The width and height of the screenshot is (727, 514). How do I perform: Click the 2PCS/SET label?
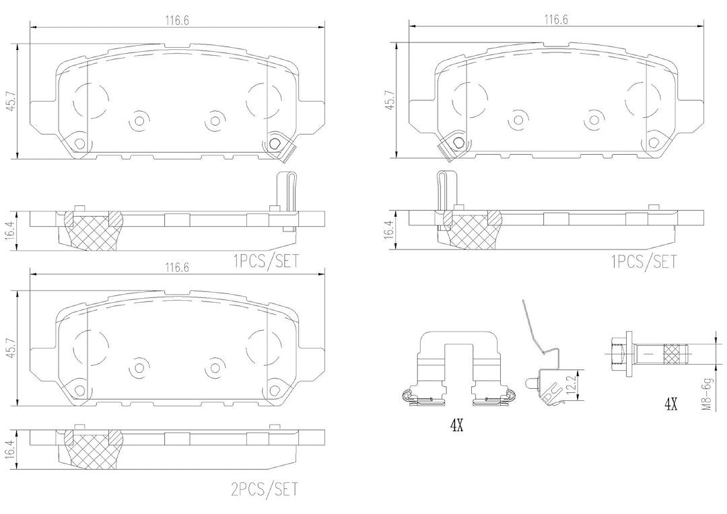(x=263, y=488)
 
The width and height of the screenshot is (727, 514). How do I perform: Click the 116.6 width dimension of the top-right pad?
(x=555, y=20)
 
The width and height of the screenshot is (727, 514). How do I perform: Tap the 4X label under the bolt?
(x=670, y=405)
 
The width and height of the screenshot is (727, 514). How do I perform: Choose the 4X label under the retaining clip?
(x=457, y=425)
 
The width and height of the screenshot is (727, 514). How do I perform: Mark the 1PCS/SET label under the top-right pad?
(x=643, y=261)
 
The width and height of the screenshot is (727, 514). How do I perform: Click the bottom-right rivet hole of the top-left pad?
(x=274, y=142)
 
